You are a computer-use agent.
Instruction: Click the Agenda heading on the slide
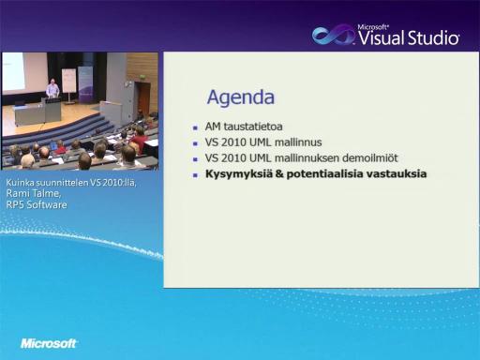click(241, 97)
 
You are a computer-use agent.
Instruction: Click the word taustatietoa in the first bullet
click(253, 127)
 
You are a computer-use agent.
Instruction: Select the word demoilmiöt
click(370, 158)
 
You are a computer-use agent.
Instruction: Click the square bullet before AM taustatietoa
click(195, 127)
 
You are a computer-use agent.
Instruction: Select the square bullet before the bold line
click(195, 175)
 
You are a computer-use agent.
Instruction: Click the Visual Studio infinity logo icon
click(333, 35)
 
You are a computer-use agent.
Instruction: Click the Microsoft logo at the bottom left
click(49, 343)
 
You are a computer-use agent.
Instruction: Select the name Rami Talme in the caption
click(34, 193)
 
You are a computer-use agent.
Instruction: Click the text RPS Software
click(37, 204)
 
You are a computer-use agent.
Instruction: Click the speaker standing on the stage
click(52, 88)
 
